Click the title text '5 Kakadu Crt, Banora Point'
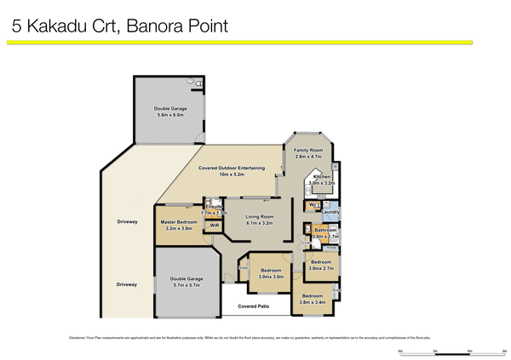coord(119,26)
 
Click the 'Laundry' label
coord(331,212)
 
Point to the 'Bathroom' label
coord(325,230)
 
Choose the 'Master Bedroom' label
coord(179,222)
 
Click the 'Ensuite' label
coord(214,206)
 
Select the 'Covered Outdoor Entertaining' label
coord(233,169)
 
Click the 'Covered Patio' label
coord(255,305)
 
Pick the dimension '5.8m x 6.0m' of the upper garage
coord(170,115)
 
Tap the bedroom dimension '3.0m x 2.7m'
coord(321,268)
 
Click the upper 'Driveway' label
coord(127,222)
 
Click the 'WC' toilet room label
coord(313,205)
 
